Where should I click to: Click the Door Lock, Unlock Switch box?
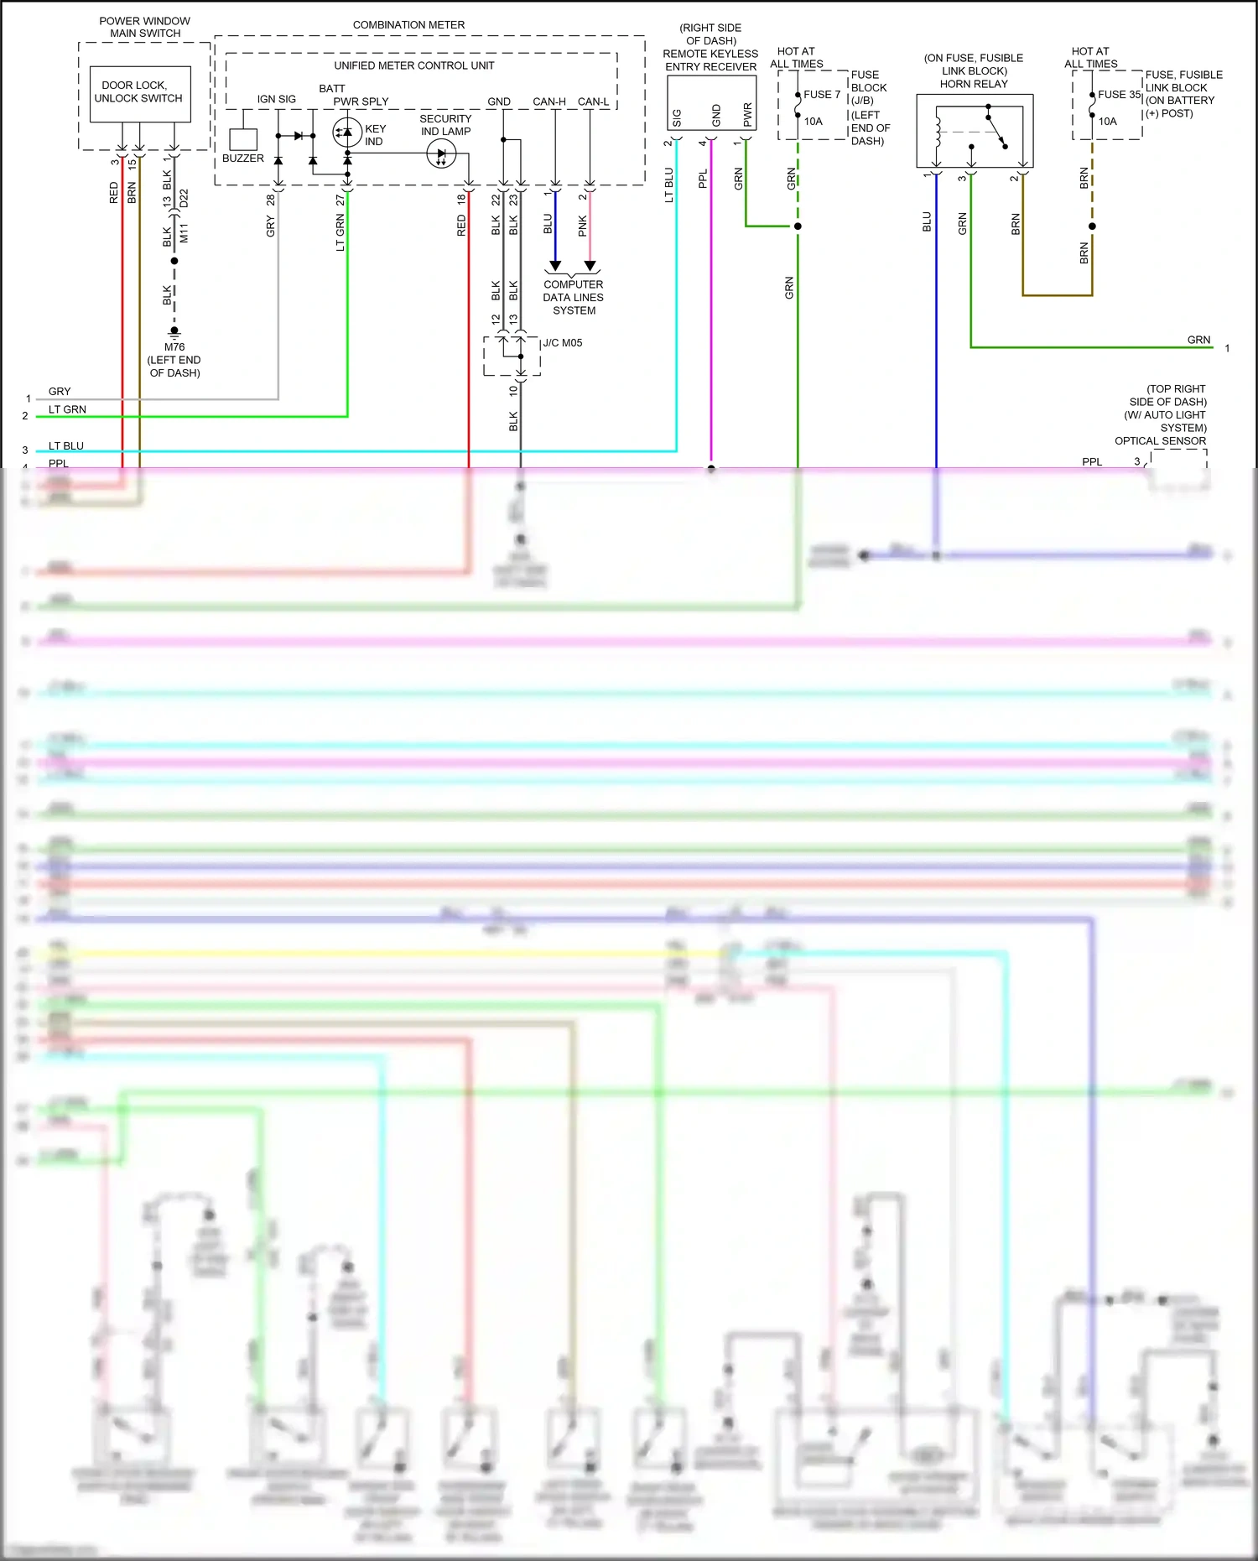click(x=139, y=92)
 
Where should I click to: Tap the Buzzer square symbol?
click(x=243, y=139)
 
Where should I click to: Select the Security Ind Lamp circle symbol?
click(x=441, y=153)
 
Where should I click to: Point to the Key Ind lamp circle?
click(x=347, y=132)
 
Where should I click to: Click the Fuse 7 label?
click(x=821, y=95)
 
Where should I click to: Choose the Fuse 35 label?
click(x=1119, y=95)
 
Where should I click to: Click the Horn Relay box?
click(x=974, y=131)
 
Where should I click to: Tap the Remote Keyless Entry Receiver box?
click(x=711, y=103)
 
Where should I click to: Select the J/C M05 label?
click(x=562, y=343)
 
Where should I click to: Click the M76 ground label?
click(x=174, y=347)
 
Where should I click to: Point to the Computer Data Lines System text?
click(x=574, y=298)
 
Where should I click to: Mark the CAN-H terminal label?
click(x=549, y=102)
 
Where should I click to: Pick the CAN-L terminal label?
click(x=593, y=102)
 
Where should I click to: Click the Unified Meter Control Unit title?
click(x=413, y=65)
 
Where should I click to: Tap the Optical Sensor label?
click(x=1160, y=441)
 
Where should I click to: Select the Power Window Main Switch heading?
click(x=145, y=27)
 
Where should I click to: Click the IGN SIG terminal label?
click(x=276, y=99)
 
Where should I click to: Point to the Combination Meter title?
click(x=408, y=25)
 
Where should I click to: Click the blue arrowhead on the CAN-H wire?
click(x=555, y=266)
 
